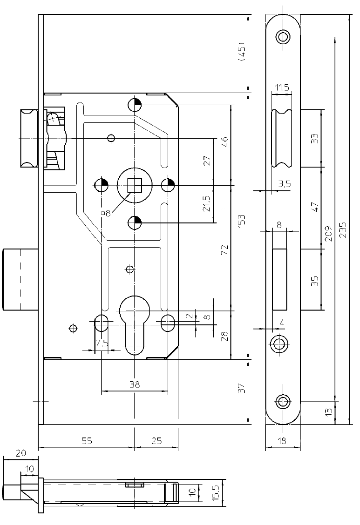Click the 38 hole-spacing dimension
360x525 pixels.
tap(134, 384)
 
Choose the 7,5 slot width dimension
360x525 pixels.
tap(102, 343)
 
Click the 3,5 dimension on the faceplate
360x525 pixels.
tap(284, 184)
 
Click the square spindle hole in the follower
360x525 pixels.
tap(135, 185)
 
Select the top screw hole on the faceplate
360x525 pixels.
tap(282, 36)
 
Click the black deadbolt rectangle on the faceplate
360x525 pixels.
tap(279, 279)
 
